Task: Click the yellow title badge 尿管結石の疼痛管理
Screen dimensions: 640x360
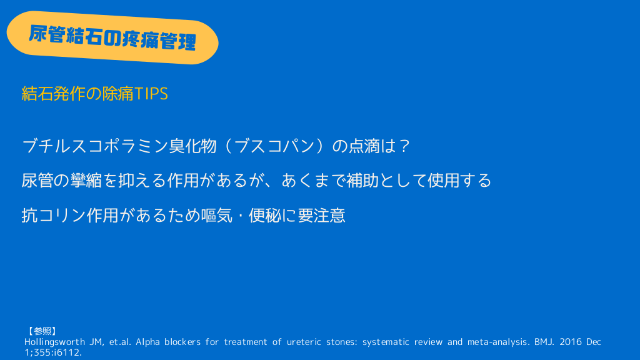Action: point(112,37)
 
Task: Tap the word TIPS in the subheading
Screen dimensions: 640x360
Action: point(151,94)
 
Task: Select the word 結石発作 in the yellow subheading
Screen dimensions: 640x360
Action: point(54,94)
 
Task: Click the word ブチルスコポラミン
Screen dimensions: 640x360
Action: point(95,146)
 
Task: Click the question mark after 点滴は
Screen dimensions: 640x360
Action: point(404,146)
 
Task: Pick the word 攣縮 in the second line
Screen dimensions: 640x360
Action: point(86,181)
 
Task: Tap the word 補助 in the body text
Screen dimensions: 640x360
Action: point(362,181)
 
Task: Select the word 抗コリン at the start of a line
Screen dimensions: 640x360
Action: point(54,216)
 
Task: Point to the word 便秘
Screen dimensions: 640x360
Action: point(265,216)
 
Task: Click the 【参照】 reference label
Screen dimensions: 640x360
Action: point(42,331)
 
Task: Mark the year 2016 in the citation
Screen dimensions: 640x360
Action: point(570,342)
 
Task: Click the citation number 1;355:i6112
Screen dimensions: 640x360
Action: point(54,352)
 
